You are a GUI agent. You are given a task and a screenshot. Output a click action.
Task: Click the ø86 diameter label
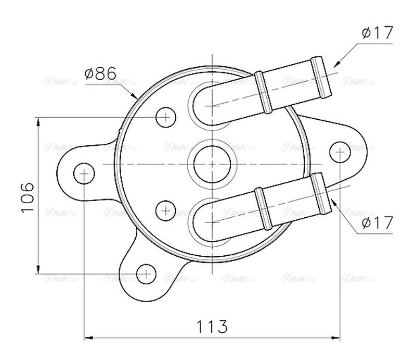click(100, 73)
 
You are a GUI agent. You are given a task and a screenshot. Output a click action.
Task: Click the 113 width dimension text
click(212, 327)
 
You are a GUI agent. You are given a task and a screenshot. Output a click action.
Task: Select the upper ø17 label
click(376, 33)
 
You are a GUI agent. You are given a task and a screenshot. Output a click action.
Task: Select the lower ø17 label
click(376, 223)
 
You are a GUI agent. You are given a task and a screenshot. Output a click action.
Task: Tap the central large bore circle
click(212, 164)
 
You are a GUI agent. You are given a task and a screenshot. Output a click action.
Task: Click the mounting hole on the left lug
click(84, 173)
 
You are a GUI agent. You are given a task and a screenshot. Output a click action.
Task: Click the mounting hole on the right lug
click(340, 151)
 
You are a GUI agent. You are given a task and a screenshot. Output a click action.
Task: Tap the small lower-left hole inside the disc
click(165, 210)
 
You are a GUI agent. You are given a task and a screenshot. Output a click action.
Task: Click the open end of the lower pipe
click(322, 194)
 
